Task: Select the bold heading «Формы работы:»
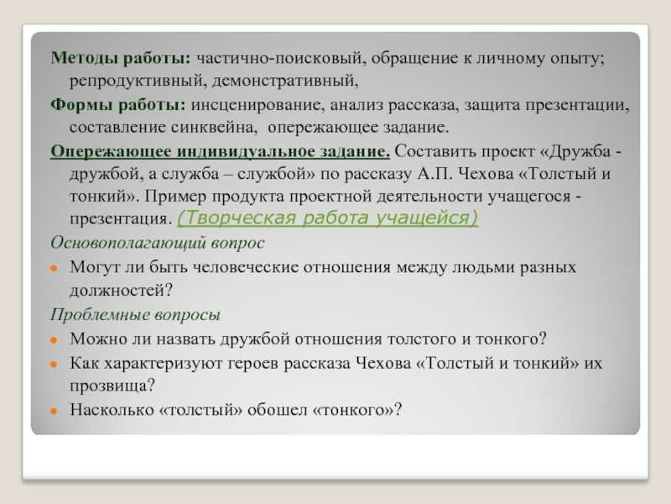(117, 107)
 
